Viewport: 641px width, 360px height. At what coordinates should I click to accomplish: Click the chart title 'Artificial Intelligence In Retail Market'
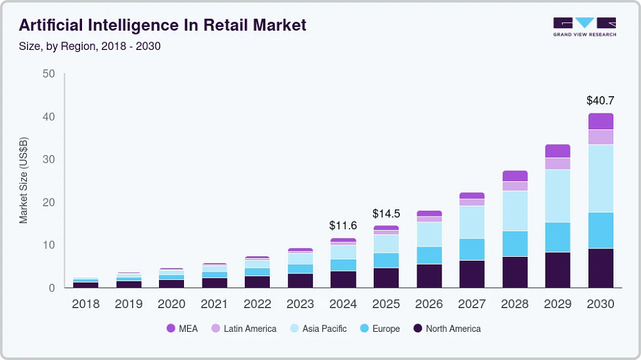(163, 25)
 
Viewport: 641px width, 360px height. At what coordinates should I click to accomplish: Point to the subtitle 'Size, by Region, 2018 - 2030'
(90, 46)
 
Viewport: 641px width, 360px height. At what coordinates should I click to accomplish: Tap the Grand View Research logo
(584, 26)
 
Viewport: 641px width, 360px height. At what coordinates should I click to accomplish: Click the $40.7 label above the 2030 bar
(600, 101)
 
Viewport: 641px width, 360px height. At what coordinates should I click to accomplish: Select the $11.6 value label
(343, 225)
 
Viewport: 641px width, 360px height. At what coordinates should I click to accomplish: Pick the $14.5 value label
(386, 213)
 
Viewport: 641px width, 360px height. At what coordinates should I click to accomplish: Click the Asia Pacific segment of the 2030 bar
(601, 179)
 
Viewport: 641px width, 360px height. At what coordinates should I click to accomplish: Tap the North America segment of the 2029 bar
(558, 270)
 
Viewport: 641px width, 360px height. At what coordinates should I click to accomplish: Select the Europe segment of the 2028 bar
(515, 243)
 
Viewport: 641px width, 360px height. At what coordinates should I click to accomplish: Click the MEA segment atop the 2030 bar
(601, 121)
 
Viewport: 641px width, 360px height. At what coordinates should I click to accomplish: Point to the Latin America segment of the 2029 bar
(558, 163)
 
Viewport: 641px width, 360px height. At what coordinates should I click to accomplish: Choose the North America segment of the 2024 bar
(343, 279)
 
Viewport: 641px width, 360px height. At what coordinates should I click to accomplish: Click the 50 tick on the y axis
(49, 74)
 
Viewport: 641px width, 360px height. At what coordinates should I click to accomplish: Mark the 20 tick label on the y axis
(49, 202)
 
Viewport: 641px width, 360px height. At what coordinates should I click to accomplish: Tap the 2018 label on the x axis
(86, 304)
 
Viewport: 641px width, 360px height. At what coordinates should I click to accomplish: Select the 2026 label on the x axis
(429, 304)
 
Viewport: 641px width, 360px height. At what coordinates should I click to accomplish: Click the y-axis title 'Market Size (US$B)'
(24, 180)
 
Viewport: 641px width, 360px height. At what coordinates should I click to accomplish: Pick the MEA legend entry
(183, 329)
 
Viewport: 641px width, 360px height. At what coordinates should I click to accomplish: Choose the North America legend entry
(447, 329)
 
